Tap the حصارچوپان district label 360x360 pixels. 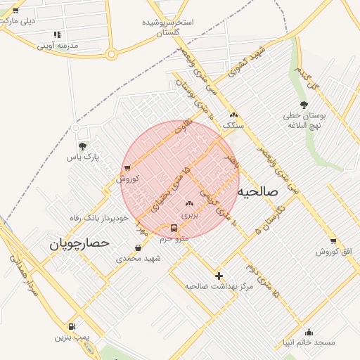point(80,243)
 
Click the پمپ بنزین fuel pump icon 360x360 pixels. point(72,326)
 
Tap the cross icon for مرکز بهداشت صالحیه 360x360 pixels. point(219,276)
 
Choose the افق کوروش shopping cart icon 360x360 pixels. point(333,240)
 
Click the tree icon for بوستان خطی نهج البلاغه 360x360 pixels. point(304,105)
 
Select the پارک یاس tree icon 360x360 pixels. point(83,147)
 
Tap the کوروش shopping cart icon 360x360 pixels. point(127,167)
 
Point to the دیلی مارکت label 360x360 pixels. point(18,20)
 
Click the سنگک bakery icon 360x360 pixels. point(233,115)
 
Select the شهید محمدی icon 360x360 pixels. point(138,247)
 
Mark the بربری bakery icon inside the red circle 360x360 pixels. point(188,203)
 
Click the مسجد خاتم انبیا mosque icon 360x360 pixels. point(309,332)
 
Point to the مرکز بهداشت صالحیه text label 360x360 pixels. point(219,286)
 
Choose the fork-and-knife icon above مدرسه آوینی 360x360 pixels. point(57,34)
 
